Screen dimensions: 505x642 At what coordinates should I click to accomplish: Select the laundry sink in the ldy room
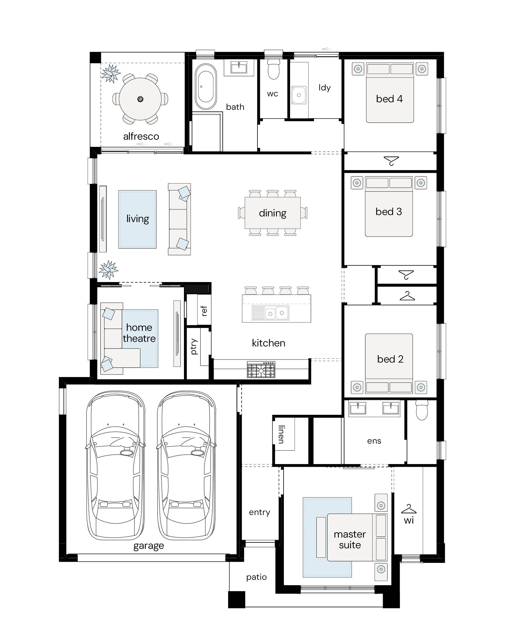(299, 95)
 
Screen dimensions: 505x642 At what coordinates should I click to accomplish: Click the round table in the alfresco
(140, 99)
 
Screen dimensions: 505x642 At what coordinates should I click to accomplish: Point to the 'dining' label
(273, 213)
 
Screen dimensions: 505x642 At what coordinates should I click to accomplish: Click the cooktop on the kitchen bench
(261, 370)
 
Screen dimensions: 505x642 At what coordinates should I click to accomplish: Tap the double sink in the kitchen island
(270, 313)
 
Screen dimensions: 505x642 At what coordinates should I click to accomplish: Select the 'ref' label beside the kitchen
(204, 311)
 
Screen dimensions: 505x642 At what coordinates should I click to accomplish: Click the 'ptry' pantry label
(194, 346)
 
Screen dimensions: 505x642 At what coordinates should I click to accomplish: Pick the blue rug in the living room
(137, 219)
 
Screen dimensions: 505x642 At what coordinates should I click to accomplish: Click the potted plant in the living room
(109, 269)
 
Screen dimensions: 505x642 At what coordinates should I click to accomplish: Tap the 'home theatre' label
(139, 333)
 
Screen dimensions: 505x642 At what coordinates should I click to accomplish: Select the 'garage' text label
(149, 546)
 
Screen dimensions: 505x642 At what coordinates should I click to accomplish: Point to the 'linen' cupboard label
(281, 434)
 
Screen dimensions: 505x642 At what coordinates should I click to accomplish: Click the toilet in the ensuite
(422, 410)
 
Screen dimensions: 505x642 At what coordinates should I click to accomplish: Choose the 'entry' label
(260, 512)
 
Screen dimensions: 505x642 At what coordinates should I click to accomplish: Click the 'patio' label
(256, 577)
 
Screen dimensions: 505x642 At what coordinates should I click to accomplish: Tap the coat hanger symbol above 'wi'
(409, 509)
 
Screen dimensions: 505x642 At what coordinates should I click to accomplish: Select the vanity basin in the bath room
(239, 68)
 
